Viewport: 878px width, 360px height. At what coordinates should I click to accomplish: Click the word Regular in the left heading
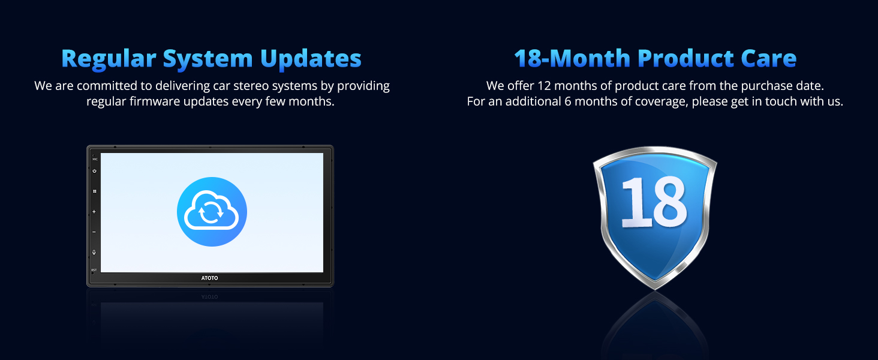pos(109,59)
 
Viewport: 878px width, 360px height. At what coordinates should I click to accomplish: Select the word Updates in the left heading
pos(311,59)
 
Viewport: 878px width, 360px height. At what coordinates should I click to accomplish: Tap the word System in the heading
pos(208,59)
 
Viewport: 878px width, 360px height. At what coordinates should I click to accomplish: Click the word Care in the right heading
pos(768,58)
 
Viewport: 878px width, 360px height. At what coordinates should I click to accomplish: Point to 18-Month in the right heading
pos(572,58)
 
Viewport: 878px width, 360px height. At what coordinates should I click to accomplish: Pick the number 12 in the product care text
pos(544,86)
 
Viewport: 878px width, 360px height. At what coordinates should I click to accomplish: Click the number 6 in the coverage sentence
pos(567,101)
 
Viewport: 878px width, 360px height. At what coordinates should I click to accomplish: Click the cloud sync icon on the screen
pos(212,212)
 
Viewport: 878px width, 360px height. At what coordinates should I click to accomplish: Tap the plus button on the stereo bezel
pos(94,212)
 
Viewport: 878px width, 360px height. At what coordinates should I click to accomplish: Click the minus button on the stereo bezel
pos(94,232)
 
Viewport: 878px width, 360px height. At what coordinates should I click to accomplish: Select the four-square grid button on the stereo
pos(95,191)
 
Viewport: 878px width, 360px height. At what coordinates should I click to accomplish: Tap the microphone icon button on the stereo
pos(94,252)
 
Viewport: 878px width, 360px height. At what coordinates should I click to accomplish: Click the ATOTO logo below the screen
pos(210,278)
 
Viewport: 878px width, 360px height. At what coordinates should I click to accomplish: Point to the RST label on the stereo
pos(94,270)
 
